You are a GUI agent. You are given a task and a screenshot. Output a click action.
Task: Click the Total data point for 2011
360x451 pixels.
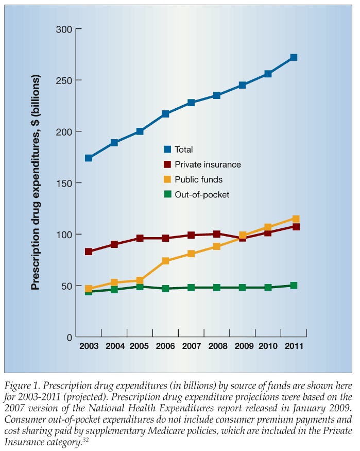[x=294, y=57]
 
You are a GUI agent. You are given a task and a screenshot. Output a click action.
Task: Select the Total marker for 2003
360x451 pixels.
[x=89, y=158]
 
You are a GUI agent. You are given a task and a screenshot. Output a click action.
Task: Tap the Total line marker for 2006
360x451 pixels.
[x=165, y=114]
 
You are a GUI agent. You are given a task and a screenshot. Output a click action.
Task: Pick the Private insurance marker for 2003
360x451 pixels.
[x=89, y=252]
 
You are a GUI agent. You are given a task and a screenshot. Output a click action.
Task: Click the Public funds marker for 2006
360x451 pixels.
[x=165, y=261]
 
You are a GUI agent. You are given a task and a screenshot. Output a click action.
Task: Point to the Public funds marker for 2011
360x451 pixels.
[x=296, y=219]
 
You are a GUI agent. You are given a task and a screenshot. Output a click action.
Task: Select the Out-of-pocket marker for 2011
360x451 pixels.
[x=294, y=285]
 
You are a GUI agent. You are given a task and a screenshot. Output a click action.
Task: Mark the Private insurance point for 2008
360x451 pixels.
[x=217, y=235]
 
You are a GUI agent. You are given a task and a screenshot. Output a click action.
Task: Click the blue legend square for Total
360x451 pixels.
[x=167, y=149]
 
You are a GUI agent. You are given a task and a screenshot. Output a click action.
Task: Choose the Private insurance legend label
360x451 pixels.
[x=208, y=164]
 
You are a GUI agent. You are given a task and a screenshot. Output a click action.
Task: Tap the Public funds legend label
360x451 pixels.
[x=198, y=179]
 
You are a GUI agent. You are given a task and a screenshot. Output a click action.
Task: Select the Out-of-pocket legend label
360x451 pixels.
[x=202, y=194]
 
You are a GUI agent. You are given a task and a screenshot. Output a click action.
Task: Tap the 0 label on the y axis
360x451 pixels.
[x=68, y=337]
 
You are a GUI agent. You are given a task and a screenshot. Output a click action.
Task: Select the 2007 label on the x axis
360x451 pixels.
[x=191, y=345]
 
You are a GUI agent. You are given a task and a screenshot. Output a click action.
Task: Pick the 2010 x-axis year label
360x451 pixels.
[x=268, y=345]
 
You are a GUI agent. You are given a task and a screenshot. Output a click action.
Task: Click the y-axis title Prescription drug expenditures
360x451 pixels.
[x=36, y=182]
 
